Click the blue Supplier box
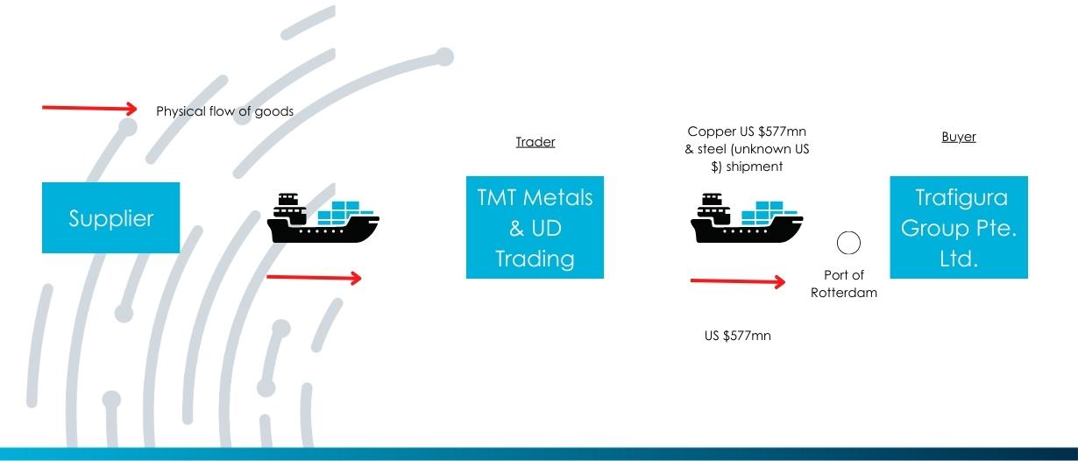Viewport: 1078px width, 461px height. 110,217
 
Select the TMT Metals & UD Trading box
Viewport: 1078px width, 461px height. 535,227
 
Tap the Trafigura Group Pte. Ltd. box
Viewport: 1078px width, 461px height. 959,227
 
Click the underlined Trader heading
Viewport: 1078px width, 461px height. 535,142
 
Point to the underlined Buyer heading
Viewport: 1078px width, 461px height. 959,137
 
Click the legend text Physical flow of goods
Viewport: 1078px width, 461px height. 224,111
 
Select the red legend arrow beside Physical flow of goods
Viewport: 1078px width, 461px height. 89,109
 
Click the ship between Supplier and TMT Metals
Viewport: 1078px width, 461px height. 323,218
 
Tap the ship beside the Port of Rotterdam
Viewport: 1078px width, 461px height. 747,218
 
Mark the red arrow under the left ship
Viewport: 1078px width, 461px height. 314,278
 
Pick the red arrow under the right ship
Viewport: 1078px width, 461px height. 738,281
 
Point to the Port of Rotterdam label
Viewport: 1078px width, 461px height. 844,284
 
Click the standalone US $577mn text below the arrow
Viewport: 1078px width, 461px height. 737,336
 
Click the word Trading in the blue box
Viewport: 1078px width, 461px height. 535,259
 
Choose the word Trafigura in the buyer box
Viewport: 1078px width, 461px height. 961,198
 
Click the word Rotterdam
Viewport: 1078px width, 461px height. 844,293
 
